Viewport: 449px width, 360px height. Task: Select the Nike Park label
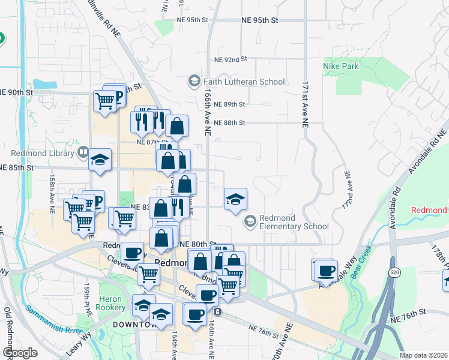(340, 65)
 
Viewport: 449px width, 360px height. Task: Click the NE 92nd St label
(231, 59)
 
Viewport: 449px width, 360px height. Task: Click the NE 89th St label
(229, 104)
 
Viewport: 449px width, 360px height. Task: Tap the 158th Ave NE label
(53, 189)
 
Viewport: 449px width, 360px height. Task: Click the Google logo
(20, 353)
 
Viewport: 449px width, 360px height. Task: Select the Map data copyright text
(423, 355)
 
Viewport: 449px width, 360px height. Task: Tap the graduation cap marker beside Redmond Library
(100, 160)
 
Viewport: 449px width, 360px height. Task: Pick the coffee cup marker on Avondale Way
(326, 271)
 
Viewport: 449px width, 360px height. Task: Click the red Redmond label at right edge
(429, 211)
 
